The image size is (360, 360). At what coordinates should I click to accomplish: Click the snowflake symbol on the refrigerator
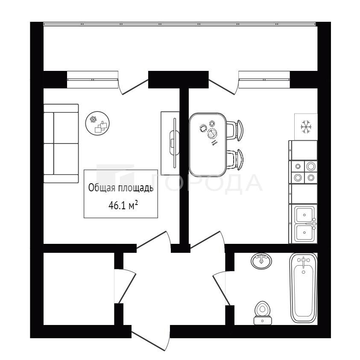pyautogui.click(x=306, y=126)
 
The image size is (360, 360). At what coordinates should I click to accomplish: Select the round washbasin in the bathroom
pyautogui.click(x=261, y=261)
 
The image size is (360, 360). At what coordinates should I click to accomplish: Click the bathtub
pyautogui.click(x=304, y=288)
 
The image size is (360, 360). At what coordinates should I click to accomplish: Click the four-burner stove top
pyautogui.click(x=304, y=172)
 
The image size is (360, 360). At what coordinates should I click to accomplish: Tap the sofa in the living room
pyautogui.click(x=61, y=143)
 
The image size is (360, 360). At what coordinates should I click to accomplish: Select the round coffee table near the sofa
pyautogui.click(x=97, y=123)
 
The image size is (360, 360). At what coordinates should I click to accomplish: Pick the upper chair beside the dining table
pyautogui.click(x=234, y=130)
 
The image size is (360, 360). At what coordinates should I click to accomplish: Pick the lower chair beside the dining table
pyautogui.click(x=234, y=160)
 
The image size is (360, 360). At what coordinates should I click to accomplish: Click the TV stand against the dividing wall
pyautogui.click(x=170, y=143)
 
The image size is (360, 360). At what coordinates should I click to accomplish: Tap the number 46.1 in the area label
pyautogui.click(x=117, y=205)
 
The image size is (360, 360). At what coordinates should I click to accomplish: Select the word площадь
pyautogui.click(x=136, y=188)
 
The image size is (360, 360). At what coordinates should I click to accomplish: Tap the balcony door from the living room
pyautogui.click(x=133, y=84)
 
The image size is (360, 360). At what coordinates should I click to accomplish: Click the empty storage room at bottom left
pyautogui.click(x=79, y=289)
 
